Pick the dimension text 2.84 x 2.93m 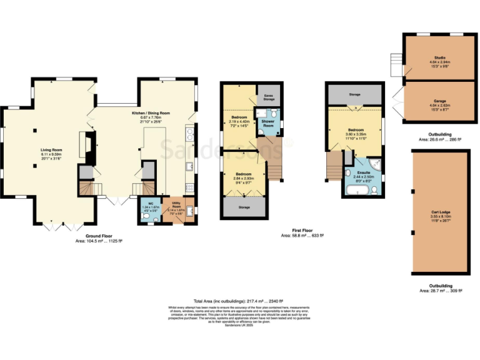(x=243, y=177)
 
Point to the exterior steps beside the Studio (x=396, y=62)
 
